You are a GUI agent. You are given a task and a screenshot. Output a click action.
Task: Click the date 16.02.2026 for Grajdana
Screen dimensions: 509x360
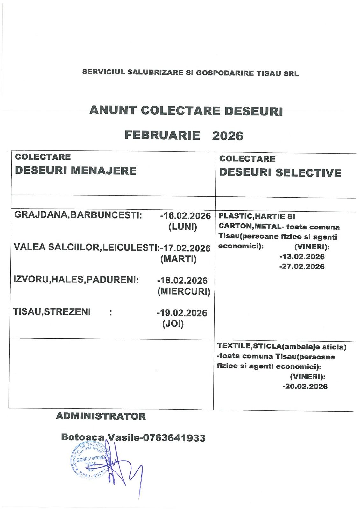pos(187,216)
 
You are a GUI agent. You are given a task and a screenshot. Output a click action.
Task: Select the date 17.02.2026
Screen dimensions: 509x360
pos(187,248)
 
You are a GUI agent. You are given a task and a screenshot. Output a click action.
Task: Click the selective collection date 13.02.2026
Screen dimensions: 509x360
pos(301,257)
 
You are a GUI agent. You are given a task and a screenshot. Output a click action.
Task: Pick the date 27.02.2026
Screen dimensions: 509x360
pos(301,267)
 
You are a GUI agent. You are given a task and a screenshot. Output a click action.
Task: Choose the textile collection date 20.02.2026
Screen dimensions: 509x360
pos(305,387)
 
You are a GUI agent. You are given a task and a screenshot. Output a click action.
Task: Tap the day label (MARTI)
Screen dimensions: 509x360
pos(179,259)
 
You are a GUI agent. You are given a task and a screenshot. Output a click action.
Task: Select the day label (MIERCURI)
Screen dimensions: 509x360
pos(184,292)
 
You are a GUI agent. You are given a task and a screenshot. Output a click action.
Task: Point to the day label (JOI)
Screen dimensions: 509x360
pos(173,324)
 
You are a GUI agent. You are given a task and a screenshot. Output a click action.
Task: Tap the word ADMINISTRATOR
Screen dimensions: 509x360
pos(101,416)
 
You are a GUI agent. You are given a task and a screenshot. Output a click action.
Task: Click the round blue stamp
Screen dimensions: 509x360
pos(90,460)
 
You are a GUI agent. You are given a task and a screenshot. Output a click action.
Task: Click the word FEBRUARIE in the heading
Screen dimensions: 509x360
pos(162,136)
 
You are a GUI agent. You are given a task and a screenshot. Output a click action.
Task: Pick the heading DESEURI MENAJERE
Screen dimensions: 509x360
pos(75,171)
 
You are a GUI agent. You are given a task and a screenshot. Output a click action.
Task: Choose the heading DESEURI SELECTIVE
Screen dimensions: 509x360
pos(280,173)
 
